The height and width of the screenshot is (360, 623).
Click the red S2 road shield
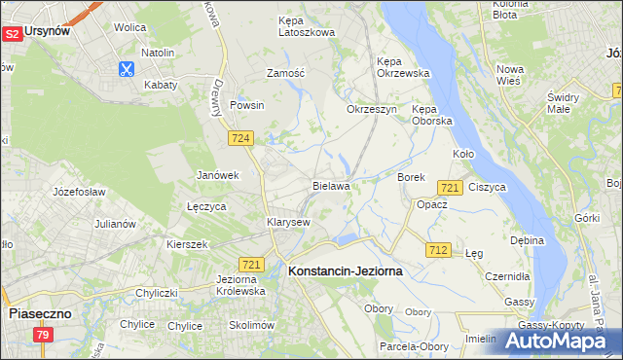pyautogui.click(x=13, y=33)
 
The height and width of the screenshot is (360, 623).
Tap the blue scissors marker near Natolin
pyautogui.click(x=127, y=69)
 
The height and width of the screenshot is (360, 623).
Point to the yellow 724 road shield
pyautogui.click(x=242, y=139)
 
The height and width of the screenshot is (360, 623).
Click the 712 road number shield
pyautogui.click(x=437, y=250)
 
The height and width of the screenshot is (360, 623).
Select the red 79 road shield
pyautogui.click(x=43, y=336)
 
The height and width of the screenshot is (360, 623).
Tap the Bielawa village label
pyautogui.click(x=331, y=185)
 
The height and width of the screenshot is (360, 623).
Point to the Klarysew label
pyautogui.click(x=288, y=222)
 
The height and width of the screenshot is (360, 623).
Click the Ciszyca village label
pyautogui.click(x=487, y=186)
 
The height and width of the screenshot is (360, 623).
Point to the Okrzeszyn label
pyautogui.click(x=372, y=109)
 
